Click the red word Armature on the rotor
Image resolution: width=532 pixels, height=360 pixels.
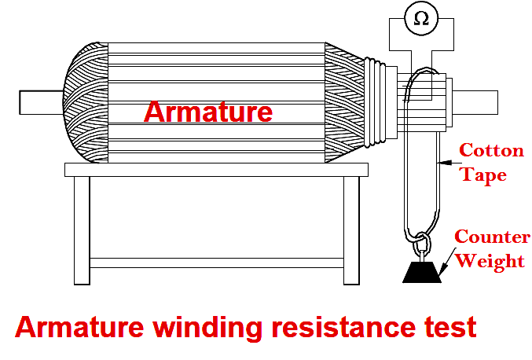pos(208,112)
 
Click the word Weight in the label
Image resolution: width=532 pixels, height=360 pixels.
pos(490,260)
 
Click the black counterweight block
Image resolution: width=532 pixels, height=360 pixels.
pos(423,270)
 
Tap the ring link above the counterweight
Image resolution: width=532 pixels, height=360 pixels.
pos(420,239)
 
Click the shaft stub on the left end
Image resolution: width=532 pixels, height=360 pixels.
pos(39,102)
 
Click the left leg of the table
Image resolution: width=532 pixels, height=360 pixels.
pos(82,229)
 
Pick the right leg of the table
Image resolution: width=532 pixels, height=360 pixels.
pos(350,229)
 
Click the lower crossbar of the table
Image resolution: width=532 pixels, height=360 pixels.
pos(216,263)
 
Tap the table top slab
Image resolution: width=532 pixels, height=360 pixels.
pos(216,169)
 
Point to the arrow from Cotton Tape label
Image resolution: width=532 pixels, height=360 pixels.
pos(446,163)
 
